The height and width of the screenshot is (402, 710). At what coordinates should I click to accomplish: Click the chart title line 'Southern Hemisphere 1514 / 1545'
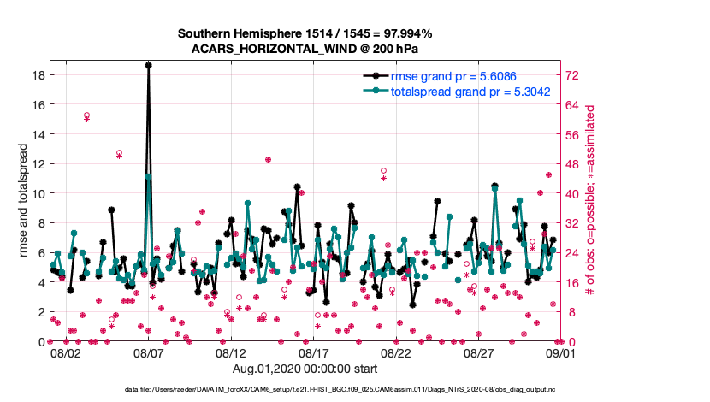[305, 33]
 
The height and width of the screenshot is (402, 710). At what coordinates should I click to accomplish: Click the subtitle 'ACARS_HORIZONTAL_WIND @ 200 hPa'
[305, 49]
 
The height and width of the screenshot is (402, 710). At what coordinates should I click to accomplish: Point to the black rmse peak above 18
[148, 65]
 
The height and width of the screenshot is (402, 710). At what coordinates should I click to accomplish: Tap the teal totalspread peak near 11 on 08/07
[149, 176]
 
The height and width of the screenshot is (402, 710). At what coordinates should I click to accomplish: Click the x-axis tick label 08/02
[66, 352]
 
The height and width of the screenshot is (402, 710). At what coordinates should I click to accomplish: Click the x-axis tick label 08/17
[314, 352]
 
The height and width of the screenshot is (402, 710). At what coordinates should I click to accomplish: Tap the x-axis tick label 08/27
[479, 352]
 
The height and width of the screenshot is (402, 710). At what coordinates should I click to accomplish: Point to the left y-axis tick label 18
[38, 75]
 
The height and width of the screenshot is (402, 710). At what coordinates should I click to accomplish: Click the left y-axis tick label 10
[38, 193]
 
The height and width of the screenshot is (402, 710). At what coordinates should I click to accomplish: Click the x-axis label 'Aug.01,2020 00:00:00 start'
[305, 369]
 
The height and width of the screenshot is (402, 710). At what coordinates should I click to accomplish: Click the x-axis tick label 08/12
[231, 352]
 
